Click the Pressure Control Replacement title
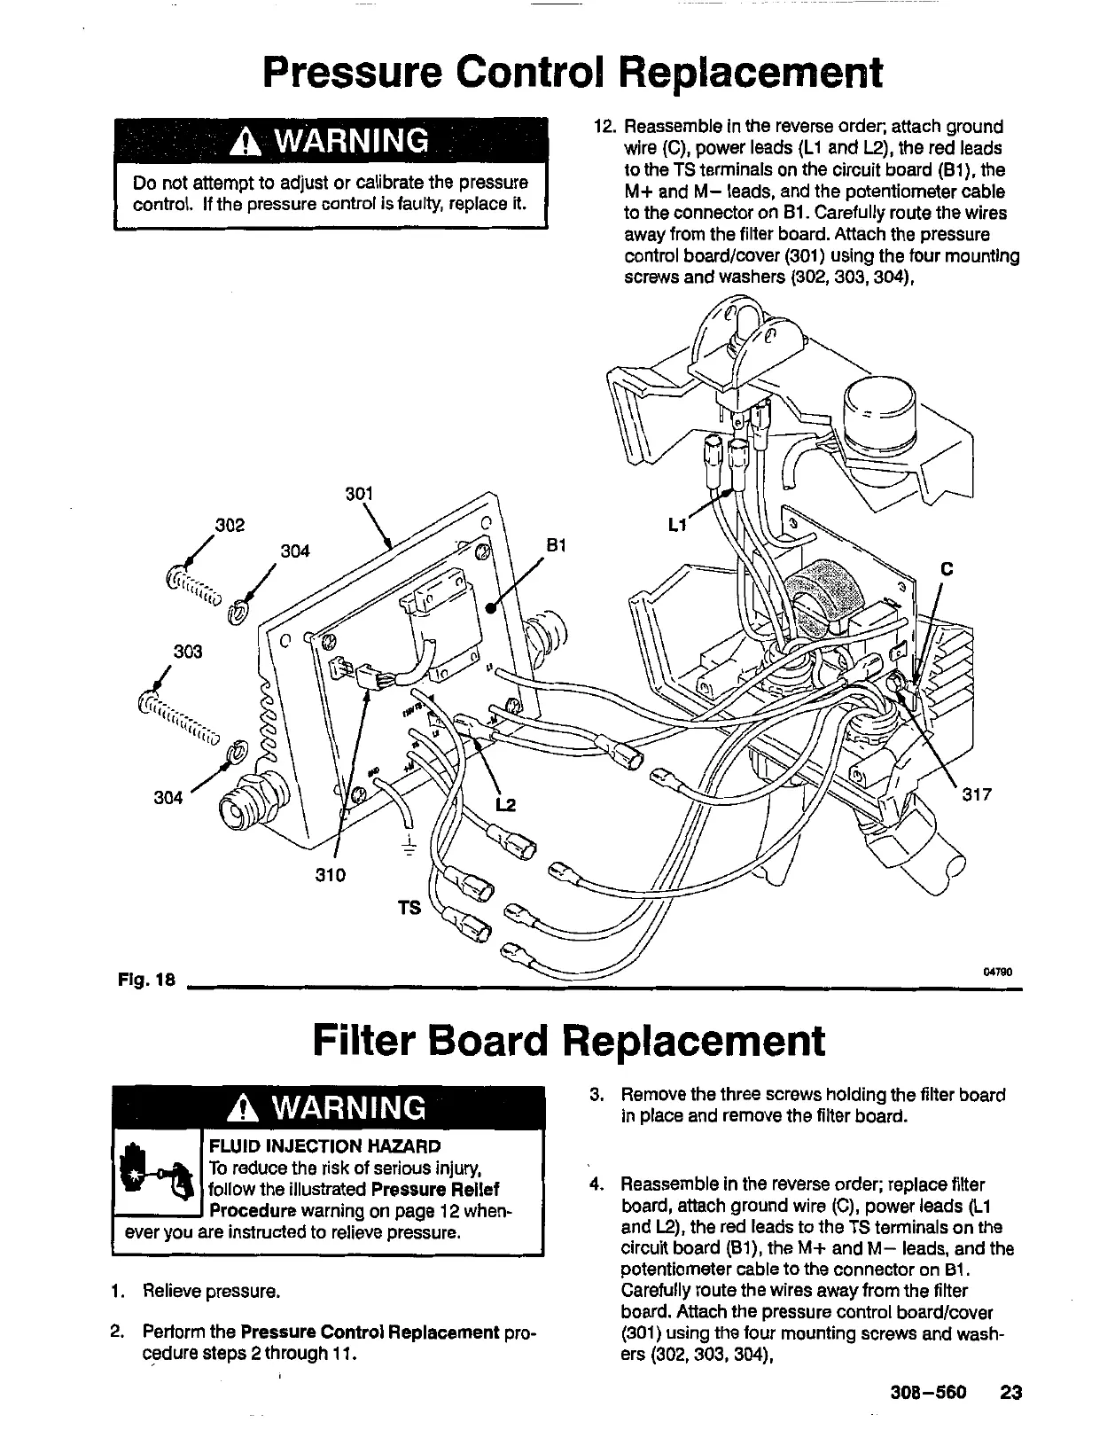click(x=573, y=73)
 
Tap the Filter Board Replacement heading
click(x=568, y=1041)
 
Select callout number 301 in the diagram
click(x=358, y=494)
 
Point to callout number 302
click(x=230, y=525)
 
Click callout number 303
click(x=188, y=652)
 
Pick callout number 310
click(x=330, y=875)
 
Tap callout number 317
click(x=976, y=794)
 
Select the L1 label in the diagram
click(x=677, y=525)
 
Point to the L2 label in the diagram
click(x=504, y=804)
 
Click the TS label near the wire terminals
click(x=409, y=909)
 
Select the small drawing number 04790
click(x=997, y=971)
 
